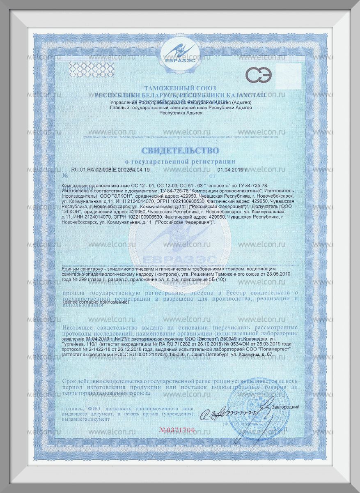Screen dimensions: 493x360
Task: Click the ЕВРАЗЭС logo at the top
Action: (x=180, y=54)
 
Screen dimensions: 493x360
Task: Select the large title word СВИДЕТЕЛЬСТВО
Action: (x=180, y=150)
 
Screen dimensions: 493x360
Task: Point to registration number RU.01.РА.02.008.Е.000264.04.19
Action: (x=110, y=169)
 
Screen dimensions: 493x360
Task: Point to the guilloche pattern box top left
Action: (x=85, y=67)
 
